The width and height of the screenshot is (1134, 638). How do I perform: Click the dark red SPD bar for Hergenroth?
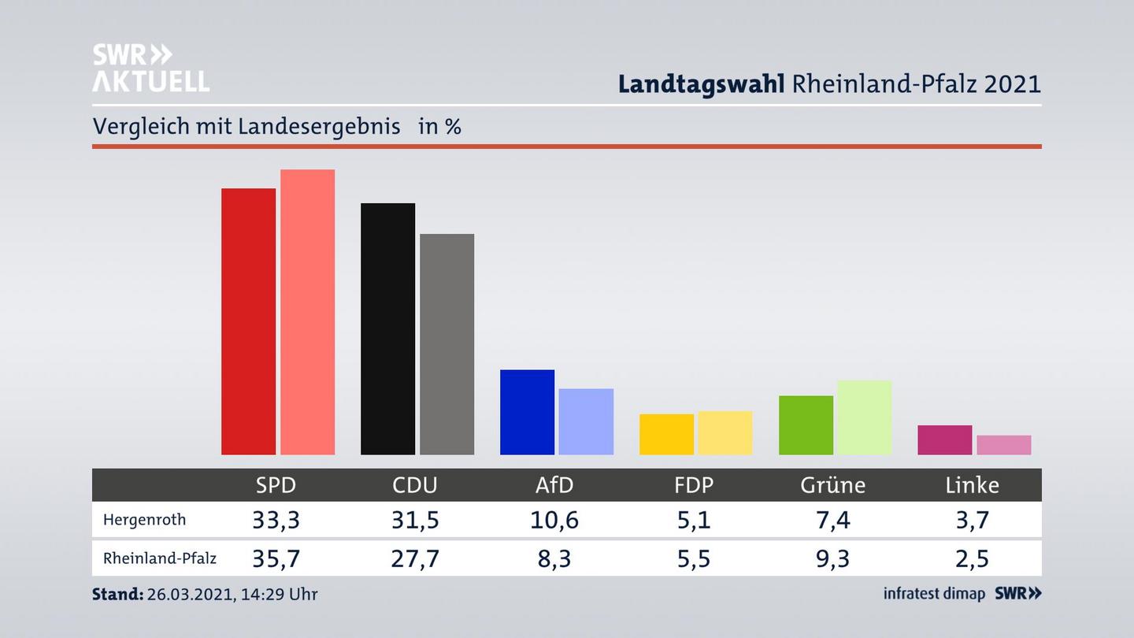point(248,321)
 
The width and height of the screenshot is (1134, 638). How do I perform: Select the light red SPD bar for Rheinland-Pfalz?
point(307,312)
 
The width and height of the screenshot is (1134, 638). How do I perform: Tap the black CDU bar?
point(387,328)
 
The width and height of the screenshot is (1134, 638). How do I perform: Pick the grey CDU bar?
point(447,344)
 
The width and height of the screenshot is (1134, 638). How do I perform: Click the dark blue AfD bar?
point(527,412)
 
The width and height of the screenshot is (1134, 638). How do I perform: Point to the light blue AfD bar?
point(586,421)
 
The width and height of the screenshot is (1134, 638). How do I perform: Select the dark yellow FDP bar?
point(666,434)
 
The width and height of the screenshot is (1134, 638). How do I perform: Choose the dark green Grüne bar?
point(806,425)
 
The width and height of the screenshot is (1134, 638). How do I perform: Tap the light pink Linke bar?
point(1003,445)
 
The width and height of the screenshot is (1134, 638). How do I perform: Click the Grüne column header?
point(832,485)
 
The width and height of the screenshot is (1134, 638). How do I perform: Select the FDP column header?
point(693,485)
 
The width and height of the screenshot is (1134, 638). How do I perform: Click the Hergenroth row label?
point(144,520)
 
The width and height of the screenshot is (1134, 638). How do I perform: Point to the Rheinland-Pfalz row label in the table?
point(159,558)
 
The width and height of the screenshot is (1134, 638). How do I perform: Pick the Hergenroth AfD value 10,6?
point(554,520)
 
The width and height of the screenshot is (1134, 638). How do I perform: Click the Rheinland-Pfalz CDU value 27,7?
point(415,558)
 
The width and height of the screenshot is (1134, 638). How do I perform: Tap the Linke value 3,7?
point(972,520)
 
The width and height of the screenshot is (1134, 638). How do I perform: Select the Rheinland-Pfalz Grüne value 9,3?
point(832,558)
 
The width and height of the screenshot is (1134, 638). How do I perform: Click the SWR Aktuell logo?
point(150,68)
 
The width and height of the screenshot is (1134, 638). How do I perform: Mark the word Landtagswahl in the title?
point(700,84)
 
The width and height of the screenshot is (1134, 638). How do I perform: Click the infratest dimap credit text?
point(934,594)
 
